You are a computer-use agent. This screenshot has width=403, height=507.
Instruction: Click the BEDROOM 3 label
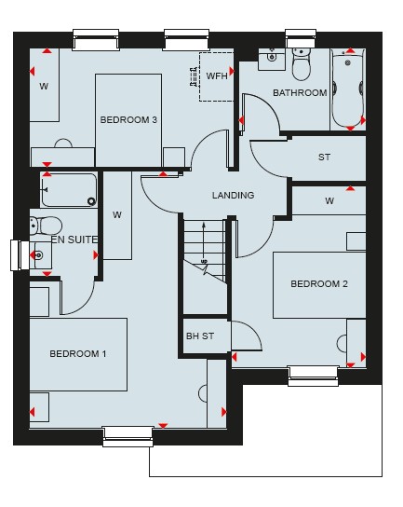point(128,120)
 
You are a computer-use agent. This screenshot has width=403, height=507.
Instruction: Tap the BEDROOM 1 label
point(78,354)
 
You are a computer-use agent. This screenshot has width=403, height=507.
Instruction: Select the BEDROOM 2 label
point(319,284)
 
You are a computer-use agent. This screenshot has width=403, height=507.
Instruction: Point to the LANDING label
point(234,196)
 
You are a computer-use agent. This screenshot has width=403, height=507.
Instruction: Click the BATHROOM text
point(300,93)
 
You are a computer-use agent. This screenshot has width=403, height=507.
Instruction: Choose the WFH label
point(217,76)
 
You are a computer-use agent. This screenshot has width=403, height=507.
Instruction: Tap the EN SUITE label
point(74,240)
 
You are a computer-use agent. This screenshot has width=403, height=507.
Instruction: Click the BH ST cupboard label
point(200,336)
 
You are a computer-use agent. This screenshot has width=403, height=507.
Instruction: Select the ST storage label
point(324,158)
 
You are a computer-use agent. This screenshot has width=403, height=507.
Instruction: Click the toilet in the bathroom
point(301,64)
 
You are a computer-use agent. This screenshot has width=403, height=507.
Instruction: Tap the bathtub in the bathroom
point(348,89)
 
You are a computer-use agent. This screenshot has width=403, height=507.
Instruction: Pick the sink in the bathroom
point(272,59)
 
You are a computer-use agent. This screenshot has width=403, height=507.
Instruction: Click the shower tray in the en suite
point(69,190)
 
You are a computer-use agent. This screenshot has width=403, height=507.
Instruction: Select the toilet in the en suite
point(46,226)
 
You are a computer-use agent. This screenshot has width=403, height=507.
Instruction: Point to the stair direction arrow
point(204,240)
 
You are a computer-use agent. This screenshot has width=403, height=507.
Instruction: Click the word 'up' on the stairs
point(204,261)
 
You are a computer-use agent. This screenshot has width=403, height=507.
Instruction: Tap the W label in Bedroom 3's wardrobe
point(44,87)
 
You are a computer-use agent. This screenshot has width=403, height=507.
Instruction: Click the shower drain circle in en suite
point(92,201)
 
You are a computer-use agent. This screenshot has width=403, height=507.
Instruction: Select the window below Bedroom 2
point(313,376)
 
